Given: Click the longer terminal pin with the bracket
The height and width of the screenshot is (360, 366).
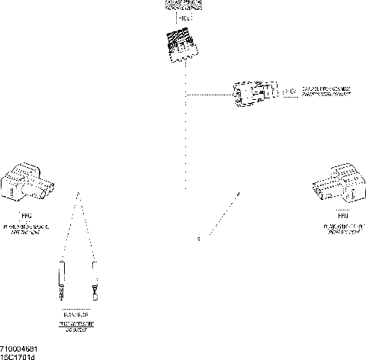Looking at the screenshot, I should [x=62, y=277].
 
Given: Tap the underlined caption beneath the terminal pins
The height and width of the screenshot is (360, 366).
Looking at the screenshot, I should [x=77, y=320].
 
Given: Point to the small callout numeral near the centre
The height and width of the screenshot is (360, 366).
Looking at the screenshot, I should [x=197, y=238].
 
